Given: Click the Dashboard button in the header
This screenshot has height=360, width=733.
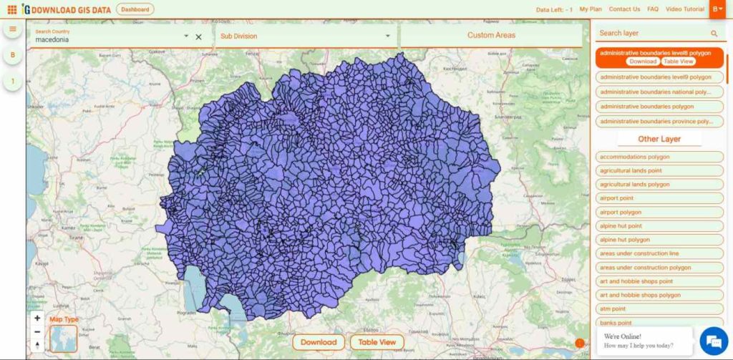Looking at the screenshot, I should click(x=135, y=9).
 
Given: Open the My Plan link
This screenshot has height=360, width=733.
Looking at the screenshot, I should click(x=591, y=9).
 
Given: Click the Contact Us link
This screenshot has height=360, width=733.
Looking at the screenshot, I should click(x=624, y=9).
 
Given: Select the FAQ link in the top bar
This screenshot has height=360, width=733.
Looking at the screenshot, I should click(x=653, y=9).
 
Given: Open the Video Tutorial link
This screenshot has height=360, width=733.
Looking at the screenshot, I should click(x=685, y=9).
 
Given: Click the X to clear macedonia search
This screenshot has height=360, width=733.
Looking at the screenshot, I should click(x=199, y=37).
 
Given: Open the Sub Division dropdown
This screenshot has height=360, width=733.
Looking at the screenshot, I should click(x=306, y=36).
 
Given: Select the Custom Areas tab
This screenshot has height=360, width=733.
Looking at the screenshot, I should click(x=491, y=35).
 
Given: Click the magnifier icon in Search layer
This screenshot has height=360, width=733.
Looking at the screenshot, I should click(x=714, y=33).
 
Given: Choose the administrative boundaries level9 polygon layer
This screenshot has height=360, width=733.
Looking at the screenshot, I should click(x=656, y=77).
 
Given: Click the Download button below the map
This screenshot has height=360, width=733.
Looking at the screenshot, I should click(x=319, y=342).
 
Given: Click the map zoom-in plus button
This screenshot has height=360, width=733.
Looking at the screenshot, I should click(x=37, y=318).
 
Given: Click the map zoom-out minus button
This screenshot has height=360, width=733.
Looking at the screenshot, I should click(x=37, y=332).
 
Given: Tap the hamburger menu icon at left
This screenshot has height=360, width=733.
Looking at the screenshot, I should click(x=12, y=29).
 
